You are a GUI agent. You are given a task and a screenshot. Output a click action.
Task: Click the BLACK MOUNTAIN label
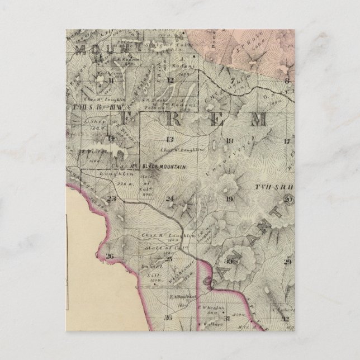(x=163, y=167)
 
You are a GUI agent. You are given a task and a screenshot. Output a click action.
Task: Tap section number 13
(x=169, y=139)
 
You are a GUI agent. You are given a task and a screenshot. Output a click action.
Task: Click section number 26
(x=110, y=257)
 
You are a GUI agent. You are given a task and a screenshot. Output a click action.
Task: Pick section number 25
(x=168, y=259)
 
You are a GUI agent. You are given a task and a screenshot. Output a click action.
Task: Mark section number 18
(x=229, y=140)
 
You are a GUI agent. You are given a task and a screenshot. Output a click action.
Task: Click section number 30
(x=228, y=261)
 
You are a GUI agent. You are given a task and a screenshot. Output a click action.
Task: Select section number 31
(x=228, y=318)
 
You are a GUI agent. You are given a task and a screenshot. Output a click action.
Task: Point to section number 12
(x=170, y=80)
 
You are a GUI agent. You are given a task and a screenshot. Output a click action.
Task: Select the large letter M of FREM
(x=258, y=118)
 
